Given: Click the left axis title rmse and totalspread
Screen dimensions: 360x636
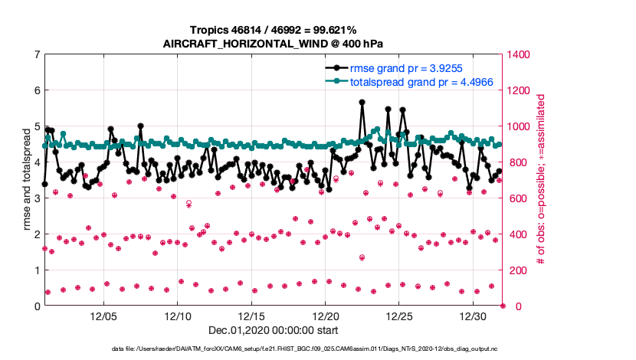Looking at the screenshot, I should click(x=26, y=180).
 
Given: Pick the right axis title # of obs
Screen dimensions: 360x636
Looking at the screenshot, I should click(x=540, y=180).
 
